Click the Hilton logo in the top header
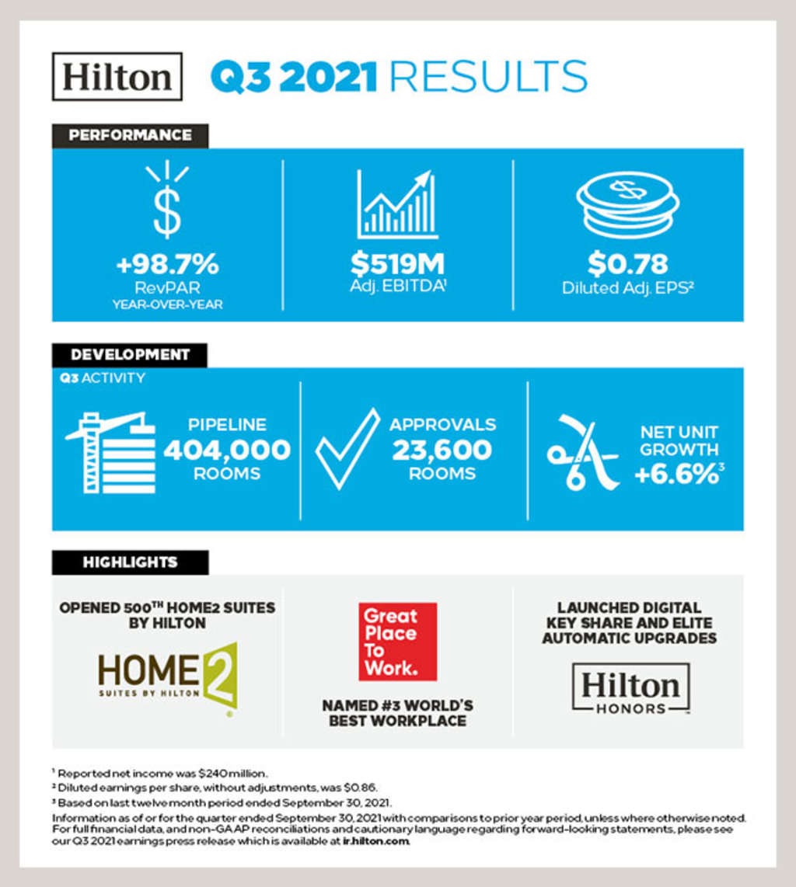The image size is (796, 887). coord(117,76)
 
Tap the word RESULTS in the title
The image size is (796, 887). coord(487,77)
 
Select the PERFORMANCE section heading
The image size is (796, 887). coord(130,135)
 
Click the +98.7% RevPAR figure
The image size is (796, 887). coord(167,265)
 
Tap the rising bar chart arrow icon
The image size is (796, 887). coord(398,204)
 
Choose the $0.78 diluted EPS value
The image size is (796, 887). coord(627,265)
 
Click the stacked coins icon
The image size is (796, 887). coord(627,204)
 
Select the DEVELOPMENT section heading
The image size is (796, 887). coord(130,355)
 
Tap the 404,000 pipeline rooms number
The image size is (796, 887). coord(227,450)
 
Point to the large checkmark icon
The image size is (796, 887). coord(347,449)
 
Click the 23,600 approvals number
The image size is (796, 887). coord(442,450)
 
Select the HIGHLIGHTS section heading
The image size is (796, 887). coord(130,562)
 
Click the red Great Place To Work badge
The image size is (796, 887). coord(398,642)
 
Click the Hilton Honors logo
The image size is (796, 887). coord(630,688)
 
